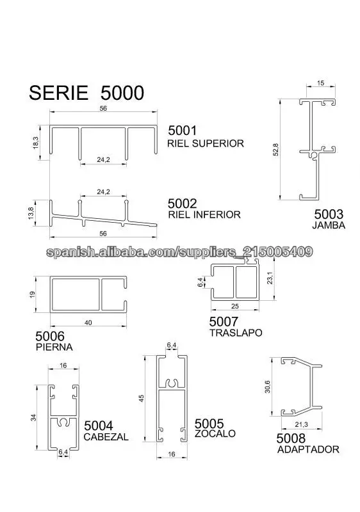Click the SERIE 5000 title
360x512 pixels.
86,93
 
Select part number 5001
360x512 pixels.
183,131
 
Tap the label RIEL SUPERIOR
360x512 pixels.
206,143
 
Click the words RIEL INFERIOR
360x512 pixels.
204,214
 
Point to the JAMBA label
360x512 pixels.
329,225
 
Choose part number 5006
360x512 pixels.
50,336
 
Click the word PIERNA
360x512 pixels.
54,347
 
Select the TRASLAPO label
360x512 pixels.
236,333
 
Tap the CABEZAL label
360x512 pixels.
106,437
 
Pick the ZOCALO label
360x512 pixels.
215,434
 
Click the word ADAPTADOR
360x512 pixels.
308,450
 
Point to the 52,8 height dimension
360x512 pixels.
275,150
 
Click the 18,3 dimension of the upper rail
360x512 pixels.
36,143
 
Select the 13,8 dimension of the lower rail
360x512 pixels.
31,213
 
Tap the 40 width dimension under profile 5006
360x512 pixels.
88,323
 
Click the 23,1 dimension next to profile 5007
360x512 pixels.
270,278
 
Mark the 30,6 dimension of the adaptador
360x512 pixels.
268,387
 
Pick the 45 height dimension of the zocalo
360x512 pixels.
142,398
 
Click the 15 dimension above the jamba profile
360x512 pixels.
320,83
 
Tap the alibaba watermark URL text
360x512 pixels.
179,252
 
